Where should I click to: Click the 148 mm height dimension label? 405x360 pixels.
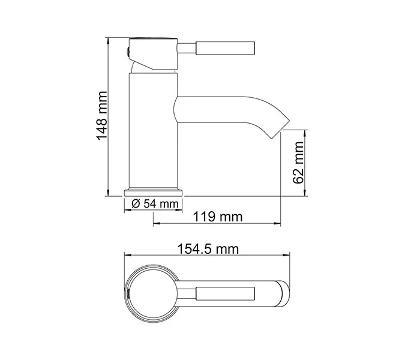tap(102, 116)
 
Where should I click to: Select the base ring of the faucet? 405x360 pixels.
tap(154, 191)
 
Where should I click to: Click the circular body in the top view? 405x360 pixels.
tap(151, 293)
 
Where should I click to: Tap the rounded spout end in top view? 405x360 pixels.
tap(283, 293)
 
